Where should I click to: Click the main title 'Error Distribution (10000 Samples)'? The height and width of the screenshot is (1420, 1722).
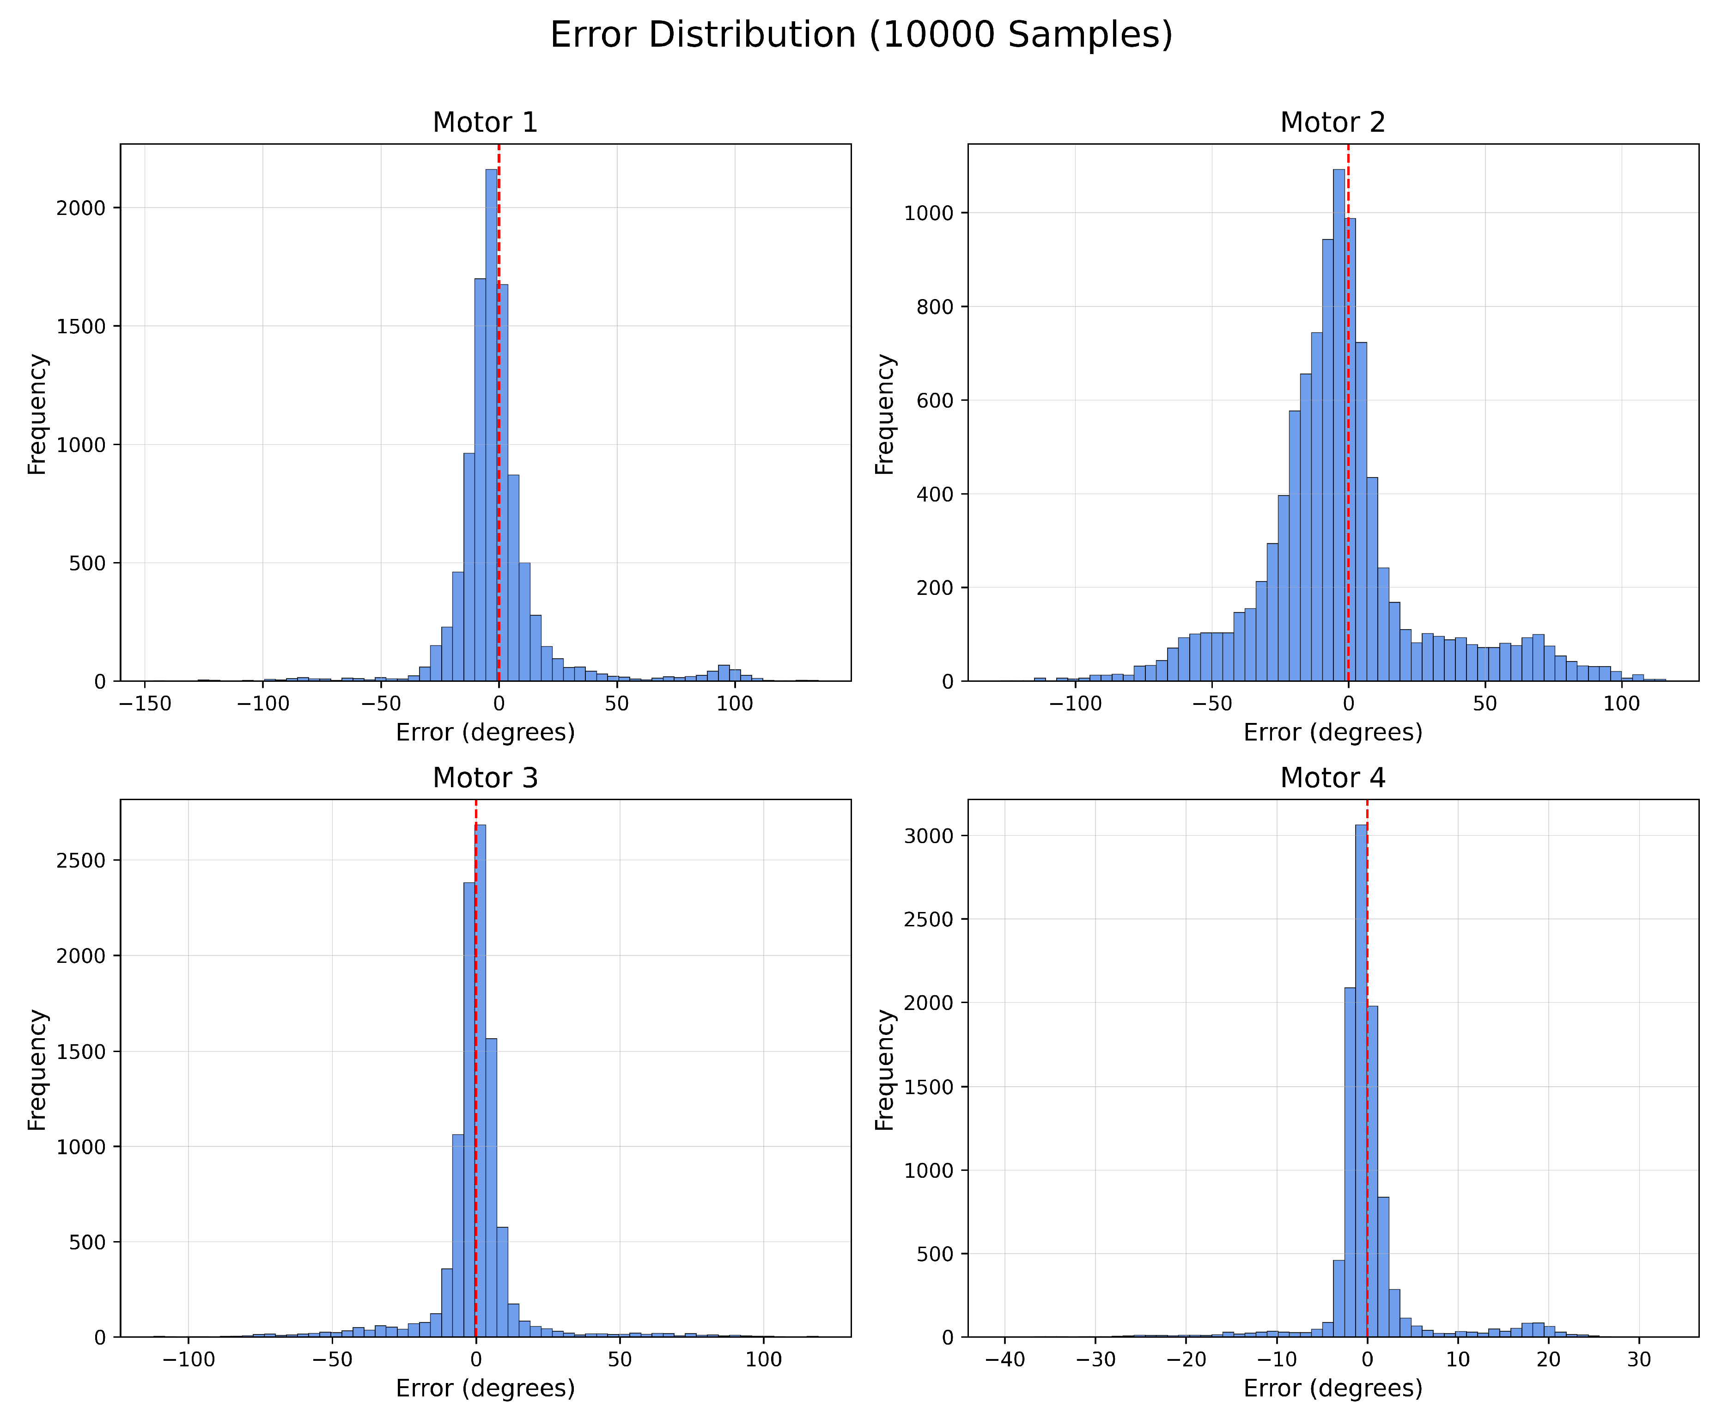pos(861,35)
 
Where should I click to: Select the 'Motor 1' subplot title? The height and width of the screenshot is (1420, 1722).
pos(485,122)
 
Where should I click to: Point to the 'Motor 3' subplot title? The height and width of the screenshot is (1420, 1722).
pos(485,778)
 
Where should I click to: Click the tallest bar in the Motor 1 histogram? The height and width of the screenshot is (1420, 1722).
pos(492,425)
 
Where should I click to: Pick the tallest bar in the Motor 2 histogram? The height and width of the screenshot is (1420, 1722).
pos(1339,425)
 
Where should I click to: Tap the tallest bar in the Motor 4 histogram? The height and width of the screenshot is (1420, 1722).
pos(1361,1080)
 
